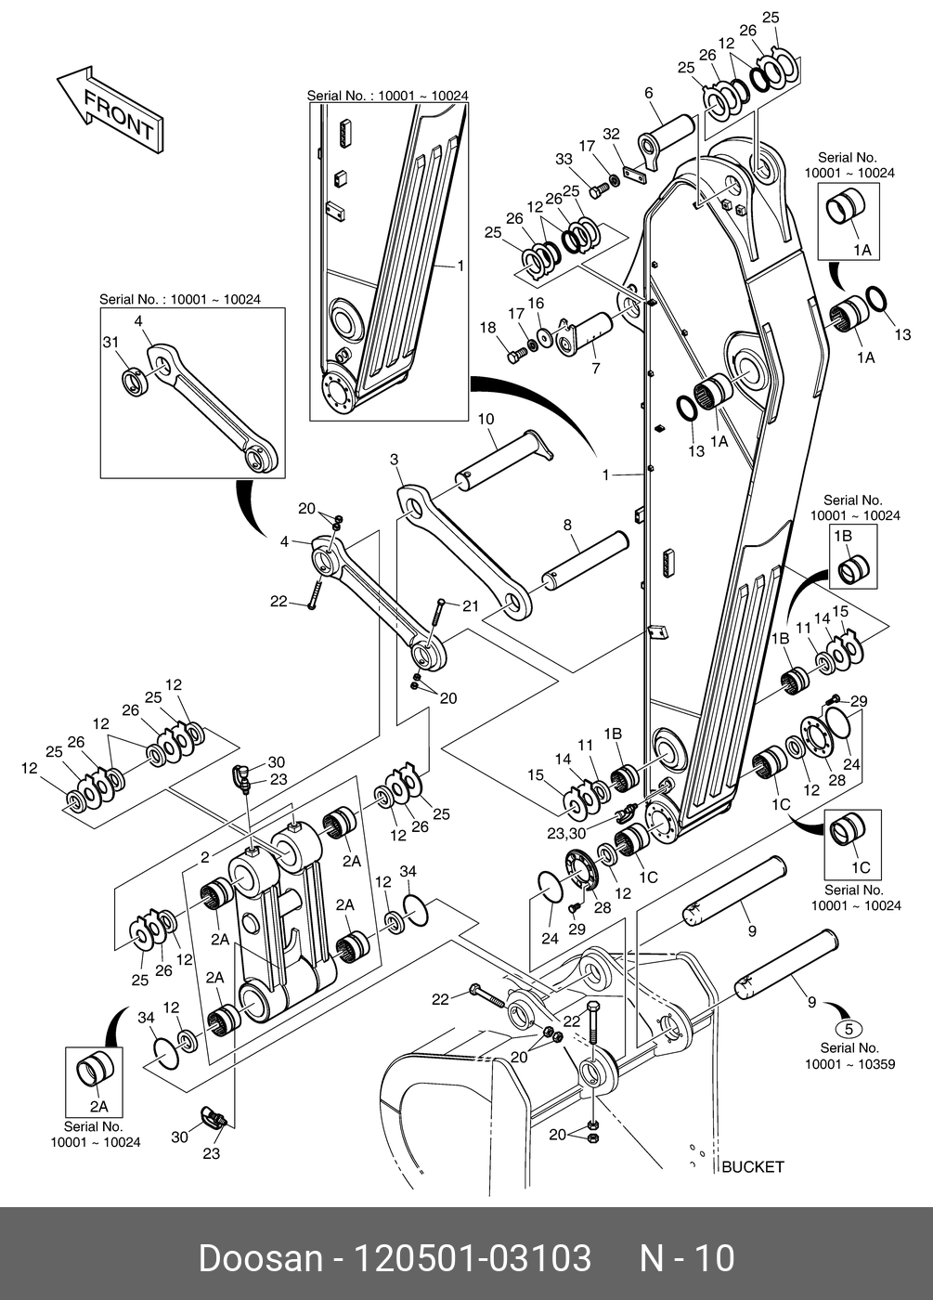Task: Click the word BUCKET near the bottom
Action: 752,1166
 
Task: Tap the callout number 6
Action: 648,92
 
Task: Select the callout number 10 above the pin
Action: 486,420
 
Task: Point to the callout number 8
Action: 567,525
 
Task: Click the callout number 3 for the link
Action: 394,460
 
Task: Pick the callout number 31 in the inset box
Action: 110,343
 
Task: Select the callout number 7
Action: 595,369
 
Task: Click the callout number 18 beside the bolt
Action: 487,328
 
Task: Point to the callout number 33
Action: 564,160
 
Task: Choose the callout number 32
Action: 610,135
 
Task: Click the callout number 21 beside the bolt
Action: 470,606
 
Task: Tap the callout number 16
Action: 536,304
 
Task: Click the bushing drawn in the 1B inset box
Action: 852,567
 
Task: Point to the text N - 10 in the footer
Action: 687,1258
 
